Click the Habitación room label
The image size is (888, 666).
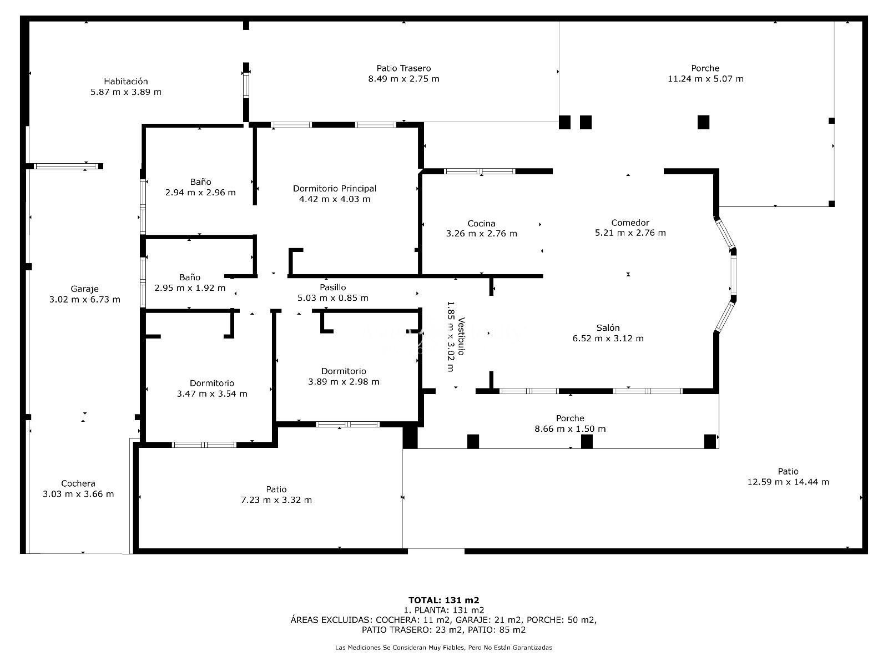126,81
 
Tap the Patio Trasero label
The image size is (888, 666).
403,68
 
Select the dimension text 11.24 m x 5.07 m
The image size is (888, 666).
705,79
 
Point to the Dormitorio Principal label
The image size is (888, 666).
335,189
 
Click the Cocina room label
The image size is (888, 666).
481,223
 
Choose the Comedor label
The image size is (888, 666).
630,223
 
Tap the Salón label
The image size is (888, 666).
608,327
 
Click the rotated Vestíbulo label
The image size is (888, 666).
461,336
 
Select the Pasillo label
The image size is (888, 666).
332,287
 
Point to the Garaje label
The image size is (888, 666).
84,289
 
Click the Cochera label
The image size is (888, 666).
78,483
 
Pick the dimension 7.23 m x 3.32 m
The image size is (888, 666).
276,500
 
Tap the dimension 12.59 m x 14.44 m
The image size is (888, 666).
788,482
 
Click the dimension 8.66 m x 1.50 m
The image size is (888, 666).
570,428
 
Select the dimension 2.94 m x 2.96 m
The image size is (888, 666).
200,193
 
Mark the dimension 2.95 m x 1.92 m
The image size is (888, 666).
190,288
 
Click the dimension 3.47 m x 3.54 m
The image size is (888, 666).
211,394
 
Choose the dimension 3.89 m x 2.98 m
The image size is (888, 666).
344,382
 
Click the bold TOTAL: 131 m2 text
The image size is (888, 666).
443,601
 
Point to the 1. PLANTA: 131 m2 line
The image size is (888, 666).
443,610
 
